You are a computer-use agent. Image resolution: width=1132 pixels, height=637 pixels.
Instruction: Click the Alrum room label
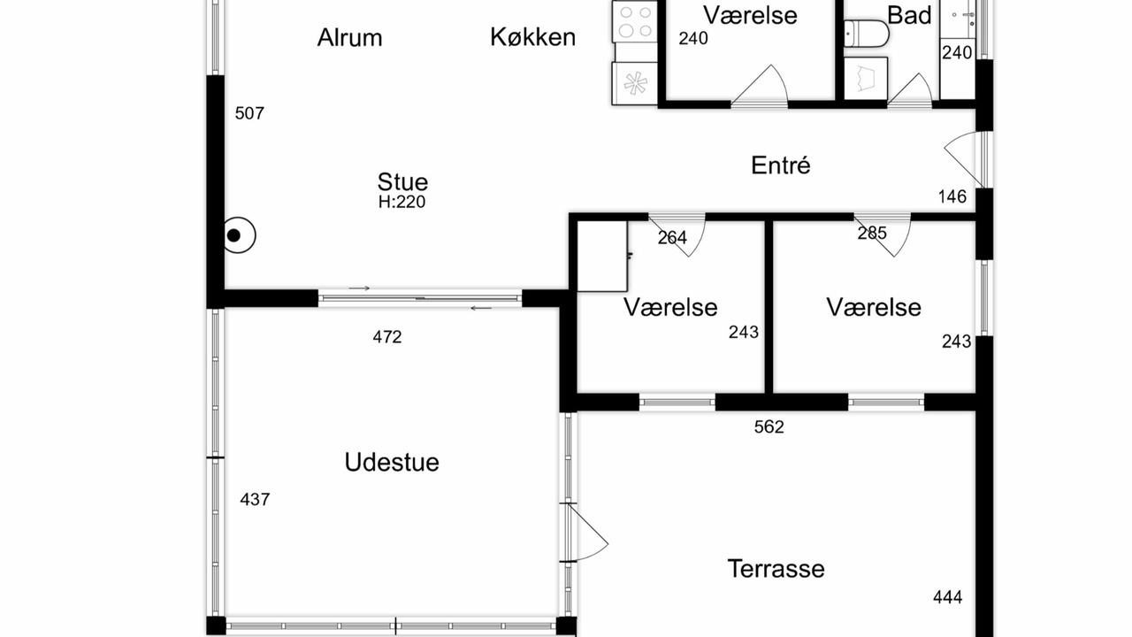tap(349, 38)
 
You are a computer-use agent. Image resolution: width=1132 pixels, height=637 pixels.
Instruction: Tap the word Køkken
tap(533, 37)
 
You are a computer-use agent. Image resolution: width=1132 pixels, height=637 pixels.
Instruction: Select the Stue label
tap(402, 182)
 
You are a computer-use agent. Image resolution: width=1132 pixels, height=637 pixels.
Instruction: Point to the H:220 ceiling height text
tap(402, 203)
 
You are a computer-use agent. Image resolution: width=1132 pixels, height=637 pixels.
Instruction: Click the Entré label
tap(781, 165)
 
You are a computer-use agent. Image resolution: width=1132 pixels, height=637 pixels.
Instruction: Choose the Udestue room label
tap(392, 462)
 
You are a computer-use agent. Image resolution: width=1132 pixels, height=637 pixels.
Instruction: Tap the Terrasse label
tap(776, 569)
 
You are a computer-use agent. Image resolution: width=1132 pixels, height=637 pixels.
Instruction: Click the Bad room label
tap(909, 15)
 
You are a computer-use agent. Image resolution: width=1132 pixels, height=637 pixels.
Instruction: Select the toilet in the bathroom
tap(866, 34)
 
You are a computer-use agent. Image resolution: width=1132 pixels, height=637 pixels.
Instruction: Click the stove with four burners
tap(635, 22)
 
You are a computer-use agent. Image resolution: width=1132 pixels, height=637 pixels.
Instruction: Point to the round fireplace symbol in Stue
tap(239, 235)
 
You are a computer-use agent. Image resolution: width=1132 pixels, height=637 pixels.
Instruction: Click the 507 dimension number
tap(249, 113)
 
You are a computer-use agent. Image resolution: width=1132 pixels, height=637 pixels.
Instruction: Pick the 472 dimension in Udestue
tap(387, 337)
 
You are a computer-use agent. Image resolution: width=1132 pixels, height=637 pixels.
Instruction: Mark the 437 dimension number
tap(255, 500)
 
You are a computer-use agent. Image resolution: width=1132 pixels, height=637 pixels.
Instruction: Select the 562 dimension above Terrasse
tap(769, 427)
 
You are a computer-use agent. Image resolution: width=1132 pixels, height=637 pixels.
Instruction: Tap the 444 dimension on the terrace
tap(947, 597)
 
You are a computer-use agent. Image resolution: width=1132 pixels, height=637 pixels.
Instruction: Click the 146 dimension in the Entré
tap(952, 196)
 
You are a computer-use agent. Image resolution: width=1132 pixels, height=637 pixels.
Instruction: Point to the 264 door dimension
tap(672, 238)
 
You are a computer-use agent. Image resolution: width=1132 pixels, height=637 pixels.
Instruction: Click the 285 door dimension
tap(872, 233)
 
